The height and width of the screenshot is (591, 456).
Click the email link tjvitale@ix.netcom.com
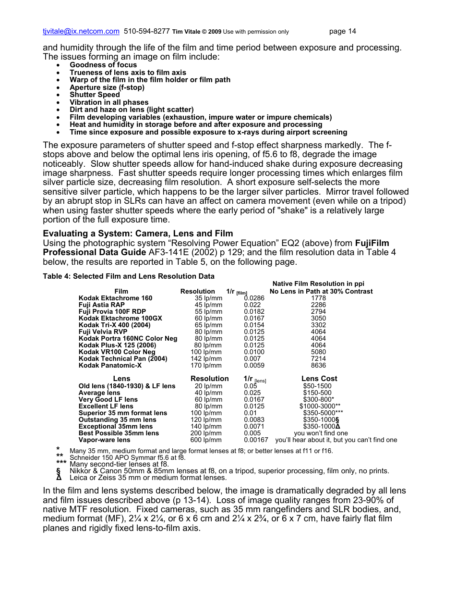81,32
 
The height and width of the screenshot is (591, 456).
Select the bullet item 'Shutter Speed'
95,95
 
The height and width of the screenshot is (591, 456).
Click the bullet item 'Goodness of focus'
103,65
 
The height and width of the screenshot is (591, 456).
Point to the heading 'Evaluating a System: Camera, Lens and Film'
138,234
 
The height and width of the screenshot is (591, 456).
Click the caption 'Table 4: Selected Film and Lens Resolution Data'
129,276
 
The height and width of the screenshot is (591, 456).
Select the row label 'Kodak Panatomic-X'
110,365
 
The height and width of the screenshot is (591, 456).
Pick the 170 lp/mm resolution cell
206,365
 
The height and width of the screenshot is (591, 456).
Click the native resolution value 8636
318,365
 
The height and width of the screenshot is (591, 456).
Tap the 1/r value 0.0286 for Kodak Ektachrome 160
254,298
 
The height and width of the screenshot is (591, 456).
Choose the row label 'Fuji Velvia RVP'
103,332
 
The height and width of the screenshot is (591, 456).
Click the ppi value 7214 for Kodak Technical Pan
318,358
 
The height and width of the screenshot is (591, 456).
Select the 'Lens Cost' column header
319,379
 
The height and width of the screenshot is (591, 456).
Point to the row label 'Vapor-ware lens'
104,440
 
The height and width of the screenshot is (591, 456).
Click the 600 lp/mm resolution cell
206,440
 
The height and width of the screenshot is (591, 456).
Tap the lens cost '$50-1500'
317,386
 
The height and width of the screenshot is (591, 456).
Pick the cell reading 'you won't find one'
321,433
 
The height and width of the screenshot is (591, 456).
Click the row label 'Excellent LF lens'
106,406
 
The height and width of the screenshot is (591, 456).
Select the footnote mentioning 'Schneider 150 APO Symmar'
127,457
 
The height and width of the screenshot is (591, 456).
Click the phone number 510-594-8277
146,32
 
